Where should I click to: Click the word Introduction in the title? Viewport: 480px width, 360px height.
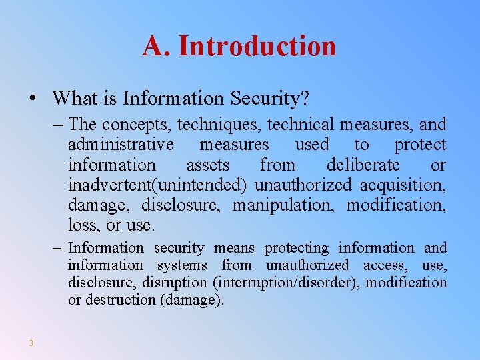(257, 46)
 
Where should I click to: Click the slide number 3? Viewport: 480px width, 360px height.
(31, 343)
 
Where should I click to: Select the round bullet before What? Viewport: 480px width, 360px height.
(33, 99)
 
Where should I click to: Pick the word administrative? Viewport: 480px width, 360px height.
(121, 145)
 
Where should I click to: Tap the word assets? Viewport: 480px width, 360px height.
(208, 165)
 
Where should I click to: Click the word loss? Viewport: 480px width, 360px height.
(84, 225)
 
